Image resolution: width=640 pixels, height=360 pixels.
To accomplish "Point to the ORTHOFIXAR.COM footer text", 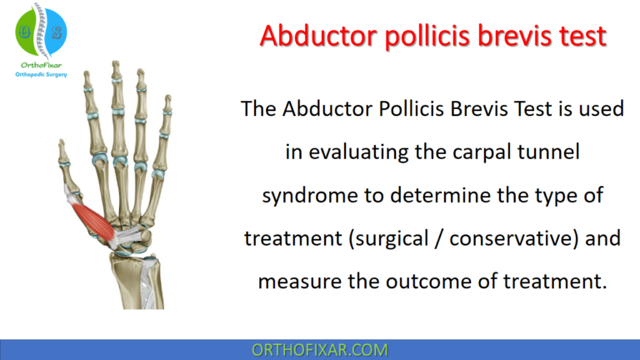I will pyautogui.click(x=320, y=349).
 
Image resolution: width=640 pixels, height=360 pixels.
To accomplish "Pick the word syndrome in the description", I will pyautogui.click(x=305, y=196).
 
